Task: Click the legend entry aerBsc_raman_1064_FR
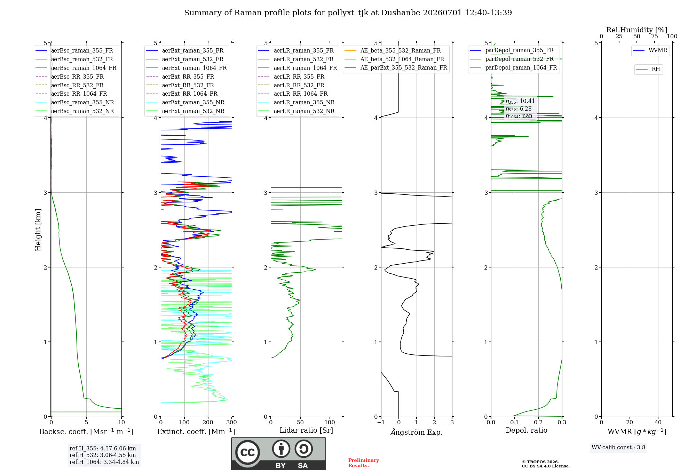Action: tap(76, 68)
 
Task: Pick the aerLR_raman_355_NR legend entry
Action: tap(296, 103)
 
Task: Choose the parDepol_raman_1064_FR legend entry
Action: tap(513, 68)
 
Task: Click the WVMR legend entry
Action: tap(650, 50)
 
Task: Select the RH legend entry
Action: tap(648, 69)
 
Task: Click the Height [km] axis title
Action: tap(38, 230)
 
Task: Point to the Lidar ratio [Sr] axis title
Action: tap(306, 430)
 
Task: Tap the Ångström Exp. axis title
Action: tap(417, 432)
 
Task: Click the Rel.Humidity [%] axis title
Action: tap(637, 30)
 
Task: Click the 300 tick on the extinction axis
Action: tap(232, 423)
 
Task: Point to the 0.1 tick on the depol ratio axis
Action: tap(515, 423)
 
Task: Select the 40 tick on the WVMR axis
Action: tap(658, 423)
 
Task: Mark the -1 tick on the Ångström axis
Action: tap(381, 423)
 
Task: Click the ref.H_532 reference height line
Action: tap(103, 455)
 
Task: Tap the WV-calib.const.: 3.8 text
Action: tap(618, 448)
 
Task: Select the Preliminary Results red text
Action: tap(364, 463)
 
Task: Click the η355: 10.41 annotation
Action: tap(520, 101)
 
